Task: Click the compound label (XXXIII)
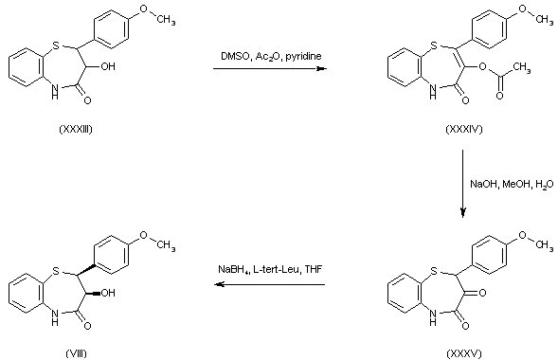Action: coord(73,142)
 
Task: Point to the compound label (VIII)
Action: coord(73,351)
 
